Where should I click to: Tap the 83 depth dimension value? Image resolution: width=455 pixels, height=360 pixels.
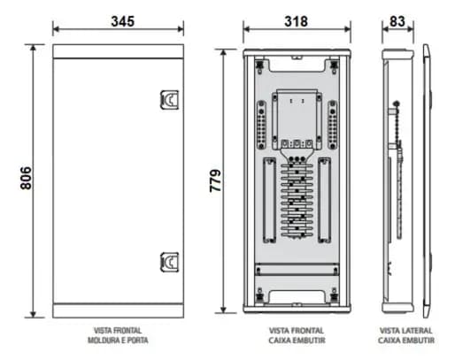coord(396,20)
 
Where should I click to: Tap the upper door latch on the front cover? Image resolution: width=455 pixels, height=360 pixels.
coord(166,103)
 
